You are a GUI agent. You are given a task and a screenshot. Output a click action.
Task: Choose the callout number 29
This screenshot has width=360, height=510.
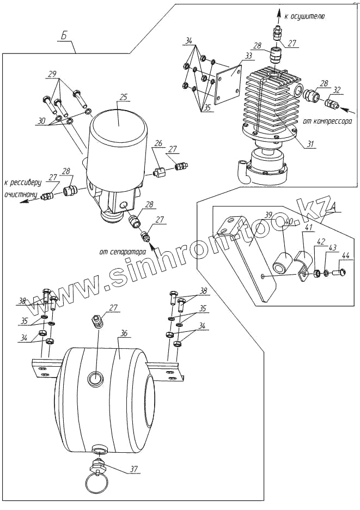tap(52, 74)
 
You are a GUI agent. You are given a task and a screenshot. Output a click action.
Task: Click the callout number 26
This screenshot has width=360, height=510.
tap(158, 144)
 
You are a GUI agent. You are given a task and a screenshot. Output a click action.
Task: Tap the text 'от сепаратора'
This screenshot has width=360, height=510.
tap(123, 252)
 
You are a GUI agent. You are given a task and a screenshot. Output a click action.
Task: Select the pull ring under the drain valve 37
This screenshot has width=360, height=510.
tap(96, 482)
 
